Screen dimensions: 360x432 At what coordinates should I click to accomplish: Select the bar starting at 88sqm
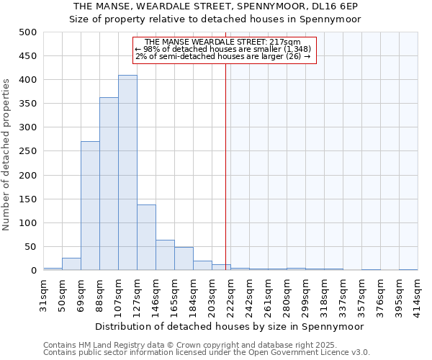click(109, 184)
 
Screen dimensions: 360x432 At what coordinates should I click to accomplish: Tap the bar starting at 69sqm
click(90, 206)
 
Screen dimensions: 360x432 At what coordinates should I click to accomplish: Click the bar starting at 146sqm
click(165, 255)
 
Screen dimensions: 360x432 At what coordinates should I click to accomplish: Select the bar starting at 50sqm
click(71, 264)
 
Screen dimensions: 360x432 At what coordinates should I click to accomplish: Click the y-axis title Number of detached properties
click(8, 151)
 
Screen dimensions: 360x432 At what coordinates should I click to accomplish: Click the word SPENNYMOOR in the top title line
click(281, 6)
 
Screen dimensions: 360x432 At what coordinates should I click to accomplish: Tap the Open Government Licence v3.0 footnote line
click(207, 353)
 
